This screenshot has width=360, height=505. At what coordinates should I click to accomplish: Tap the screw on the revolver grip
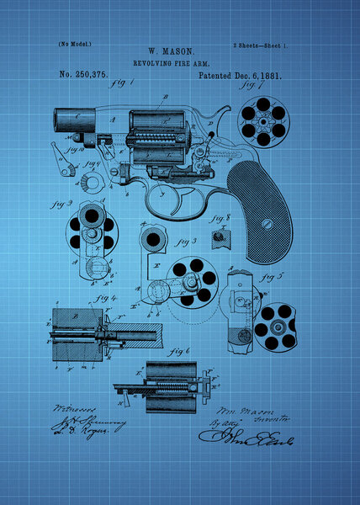click(267, 224)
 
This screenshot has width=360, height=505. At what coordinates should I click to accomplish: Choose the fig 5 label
click(273, 275)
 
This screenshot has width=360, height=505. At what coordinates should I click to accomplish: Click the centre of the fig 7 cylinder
click(263, 119)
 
